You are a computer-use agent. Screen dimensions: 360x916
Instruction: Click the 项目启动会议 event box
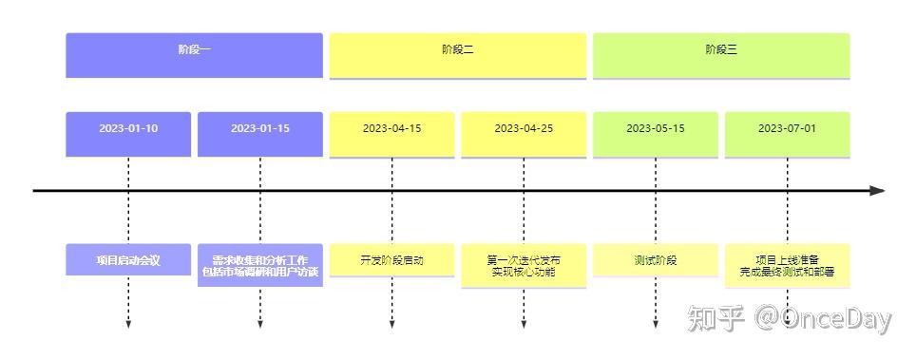coord(128,260)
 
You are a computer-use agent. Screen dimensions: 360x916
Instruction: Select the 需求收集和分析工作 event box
coord(260,265)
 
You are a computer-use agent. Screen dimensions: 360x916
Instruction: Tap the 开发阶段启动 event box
coord(391,260)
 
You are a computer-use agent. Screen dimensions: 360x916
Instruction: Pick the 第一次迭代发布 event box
coord(524,265)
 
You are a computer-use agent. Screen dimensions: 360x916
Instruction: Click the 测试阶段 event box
coord(656,260)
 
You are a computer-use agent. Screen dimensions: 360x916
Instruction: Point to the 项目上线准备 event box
coord(787,265)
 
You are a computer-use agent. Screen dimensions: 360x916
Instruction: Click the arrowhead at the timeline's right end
coord(877,191)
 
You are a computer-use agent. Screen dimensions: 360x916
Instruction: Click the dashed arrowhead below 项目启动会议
coord(128,325)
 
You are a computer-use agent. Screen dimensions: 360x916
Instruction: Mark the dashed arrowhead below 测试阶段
coord(656,325)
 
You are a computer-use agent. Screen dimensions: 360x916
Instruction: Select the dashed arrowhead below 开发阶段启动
coord(391,325)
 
